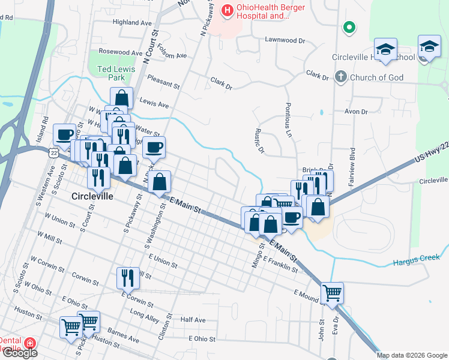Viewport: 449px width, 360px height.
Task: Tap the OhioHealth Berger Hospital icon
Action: click(227, 10)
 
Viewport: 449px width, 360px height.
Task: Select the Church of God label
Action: click(376, 77)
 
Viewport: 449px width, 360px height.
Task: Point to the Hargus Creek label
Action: click(417, 260)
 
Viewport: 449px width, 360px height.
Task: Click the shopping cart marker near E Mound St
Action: click(332, 293)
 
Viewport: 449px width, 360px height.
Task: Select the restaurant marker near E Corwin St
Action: click(128, 277)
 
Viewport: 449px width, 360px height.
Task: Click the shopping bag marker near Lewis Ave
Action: click(121, 98)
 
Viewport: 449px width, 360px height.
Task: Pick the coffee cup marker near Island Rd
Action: click(64, 134)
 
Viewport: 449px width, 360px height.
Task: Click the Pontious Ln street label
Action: click(289, 122)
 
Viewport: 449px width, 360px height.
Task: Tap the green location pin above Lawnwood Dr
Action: click(348, 27)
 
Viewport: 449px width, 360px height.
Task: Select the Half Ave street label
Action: click(193, 320)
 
